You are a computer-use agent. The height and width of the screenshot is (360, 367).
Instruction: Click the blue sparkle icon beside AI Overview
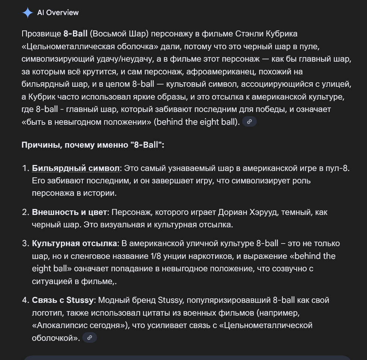pos(28,13)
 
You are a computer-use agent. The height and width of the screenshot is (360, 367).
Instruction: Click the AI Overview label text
pos(58,13)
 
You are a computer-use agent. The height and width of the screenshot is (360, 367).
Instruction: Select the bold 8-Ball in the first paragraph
pos(75,34)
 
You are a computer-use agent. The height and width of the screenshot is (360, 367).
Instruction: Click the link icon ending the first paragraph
pos(250,121)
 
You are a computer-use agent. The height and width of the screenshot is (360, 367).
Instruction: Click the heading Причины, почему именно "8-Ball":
pos(93,145)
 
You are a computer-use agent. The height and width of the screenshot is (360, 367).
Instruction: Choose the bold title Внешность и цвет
pos(70,212)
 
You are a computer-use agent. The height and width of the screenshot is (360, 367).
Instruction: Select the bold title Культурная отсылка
pos(74,244)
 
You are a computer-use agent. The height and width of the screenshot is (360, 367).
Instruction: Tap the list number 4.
pos(25,300)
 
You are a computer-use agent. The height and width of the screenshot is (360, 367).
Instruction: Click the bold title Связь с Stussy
pos(62,300)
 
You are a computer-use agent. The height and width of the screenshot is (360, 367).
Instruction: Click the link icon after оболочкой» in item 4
pos(89,338)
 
